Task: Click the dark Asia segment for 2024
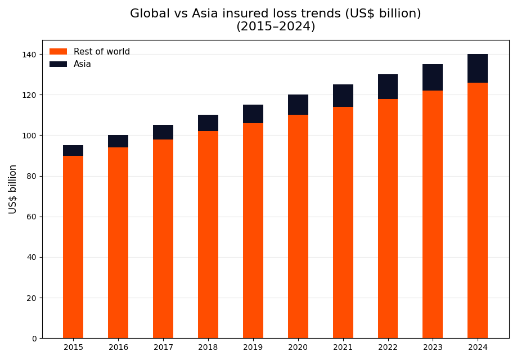coord(478,68)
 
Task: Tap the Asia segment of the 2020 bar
coord(298,105)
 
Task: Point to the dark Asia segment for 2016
coord(118,141)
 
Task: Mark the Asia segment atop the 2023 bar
coord(433,78)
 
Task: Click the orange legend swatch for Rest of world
coord(58,52)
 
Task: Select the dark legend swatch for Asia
coord(58,64)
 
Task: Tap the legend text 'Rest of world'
coord(102,52)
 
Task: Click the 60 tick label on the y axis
coord(32,217)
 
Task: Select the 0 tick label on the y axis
coord(34,339)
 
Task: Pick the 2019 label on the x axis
coord(253,348)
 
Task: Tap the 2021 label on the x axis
coord(343,348)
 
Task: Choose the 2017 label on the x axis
coord(163,348)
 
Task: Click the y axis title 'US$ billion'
coord(13,189)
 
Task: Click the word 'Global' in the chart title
coord(150,14)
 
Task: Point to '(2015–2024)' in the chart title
coord(276,26)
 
